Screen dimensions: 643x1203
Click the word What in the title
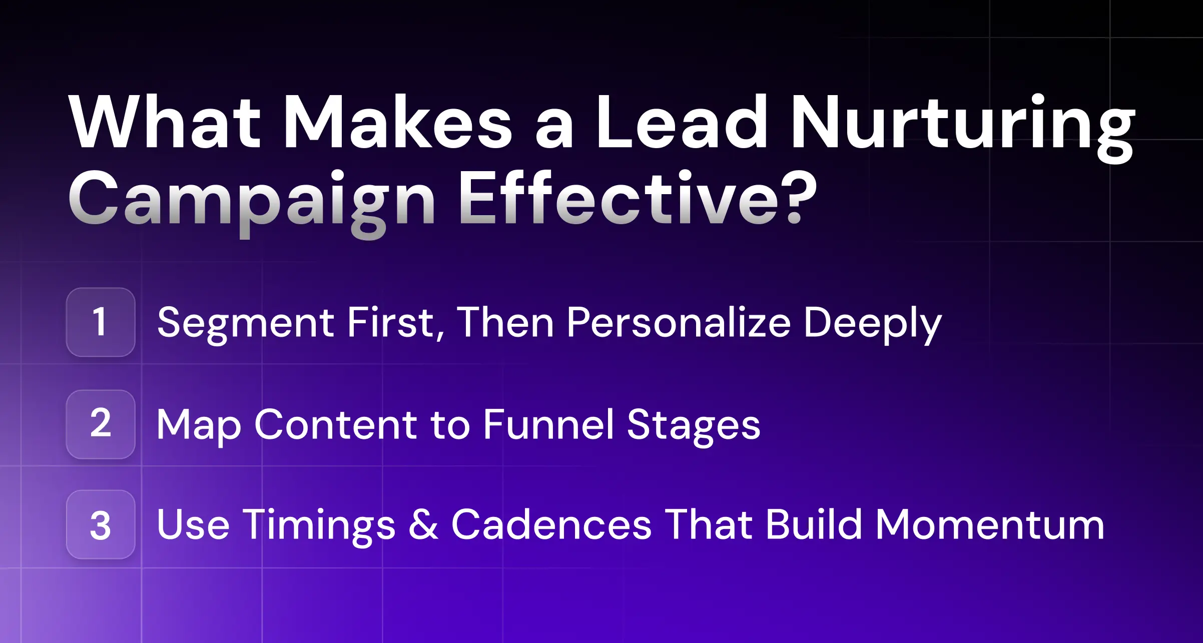[x=165, y=123]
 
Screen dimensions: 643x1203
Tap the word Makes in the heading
[x=398, y=123]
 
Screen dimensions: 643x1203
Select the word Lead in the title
[x=681, y=123]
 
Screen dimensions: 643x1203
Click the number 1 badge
[x=101, y=322]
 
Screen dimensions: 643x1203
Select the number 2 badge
[x=101, y=424]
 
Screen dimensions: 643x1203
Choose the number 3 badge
[x=101, y=524]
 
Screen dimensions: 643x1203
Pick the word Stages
[x=694, y=425]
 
